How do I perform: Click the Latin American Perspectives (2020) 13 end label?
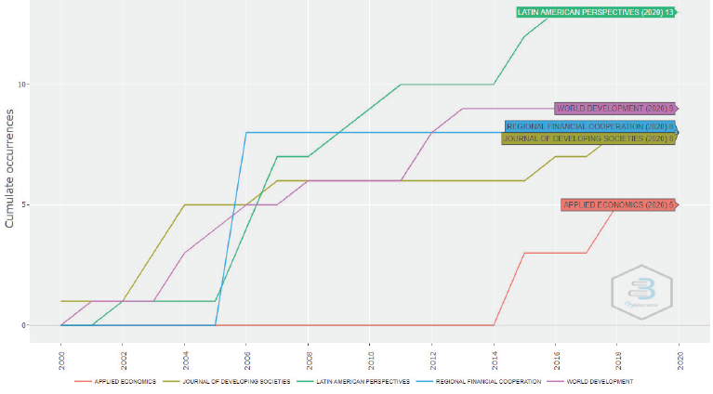click(596, 12)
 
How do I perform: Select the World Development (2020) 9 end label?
click(614, 109)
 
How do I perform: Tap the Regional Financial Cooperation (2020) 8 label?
click(590, 126)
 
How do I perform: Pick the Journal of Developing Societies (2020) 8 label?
click(588, 138)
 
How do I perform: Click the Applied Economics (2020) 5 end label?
click(616, 204)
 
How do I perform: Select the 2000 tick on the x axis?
click(61, 359)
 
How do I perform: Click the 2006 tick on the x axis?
click(247, 359)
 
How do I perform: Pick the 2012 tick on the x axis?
click(432, 359)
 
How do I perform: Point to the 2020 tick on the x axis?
click(680, 359)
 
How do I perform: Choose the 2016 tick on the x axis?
click(556, 359)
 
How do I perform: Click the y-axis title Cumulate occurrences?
click(11, 168)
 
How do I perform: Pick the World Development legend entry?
click(598, 382)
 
